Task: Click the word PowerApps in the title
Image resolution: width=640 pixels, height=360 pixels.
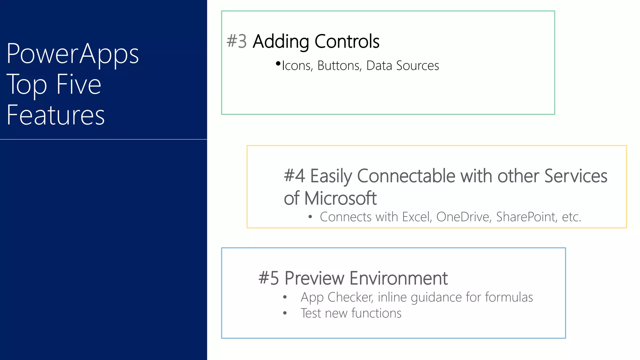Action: (x=72, y=54)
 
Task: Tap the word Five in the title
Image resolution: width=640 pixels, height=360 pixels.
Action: (x=79, y=84)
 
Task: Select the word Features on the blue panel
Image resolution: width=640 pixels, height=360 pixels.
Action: (x=56, y=115)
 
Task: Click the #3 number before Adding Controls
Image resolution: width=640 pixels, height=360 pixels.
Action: (x=237, y=41)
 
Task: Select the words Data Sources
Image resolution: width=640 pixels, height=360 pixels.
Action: (x=402, y=66)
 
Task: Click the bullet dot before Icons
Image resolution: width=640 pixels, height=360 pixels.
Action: (x=278, y=64)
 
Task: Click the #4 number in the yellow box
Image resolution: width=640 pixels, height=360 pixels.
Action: (x=294, y=176)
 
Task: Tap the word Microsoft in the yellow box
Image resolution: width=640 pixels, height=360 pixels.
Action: (x=340, y=198)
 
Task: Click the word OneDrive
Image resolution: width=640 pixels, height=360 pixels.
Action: (x=462, y=217)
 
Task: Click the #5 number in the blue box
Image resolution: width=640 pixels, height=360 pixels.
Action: (x=268, y=278)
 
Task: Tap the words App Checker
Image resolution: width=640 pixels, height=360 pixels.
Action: (x=337, y=297)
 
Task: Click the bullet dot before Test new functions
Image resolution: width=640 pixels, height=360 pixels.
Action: (x=285, y=313)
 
